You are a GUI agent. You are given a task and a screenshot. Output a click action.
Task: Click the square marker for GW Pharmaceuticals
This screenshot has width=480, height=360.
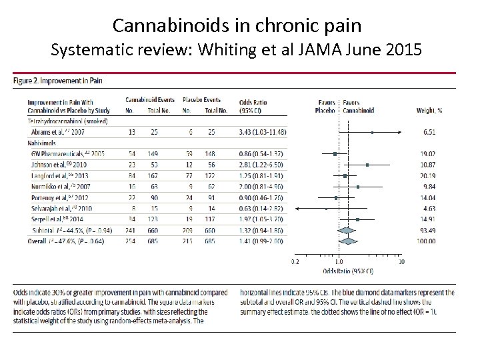coord(335,153)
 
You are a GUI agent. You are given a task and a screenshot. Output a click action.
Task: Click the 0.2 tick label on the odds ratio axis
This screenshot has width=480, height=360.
coord(295,261)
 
